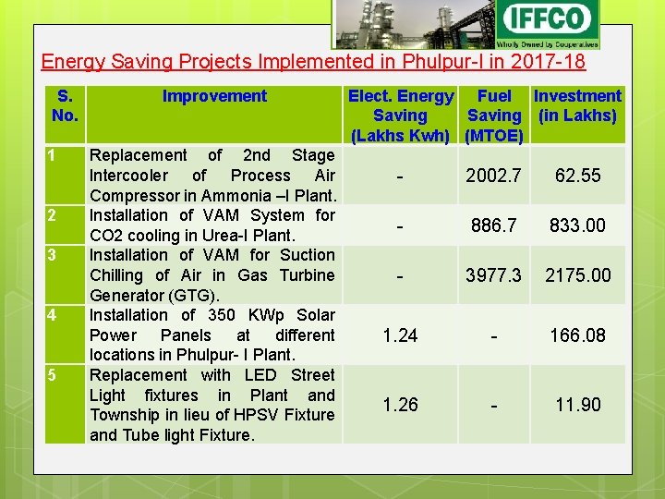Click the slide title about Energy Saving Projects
click(x=313, y=63)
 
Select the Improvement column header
click(x=214, y=96)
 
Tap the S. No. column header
click(x=65, y=105)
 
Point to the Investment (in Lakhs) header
click(x=577, y=105)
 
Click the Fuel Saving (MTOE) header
click(x=494, y=116)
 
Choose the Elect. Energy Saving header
click(x=400, y=116)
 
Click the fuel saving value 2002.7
click(x=494, y=176)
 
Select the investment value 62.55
click(x=578, y=176)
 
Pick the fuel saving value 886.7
click(x=494, y=225)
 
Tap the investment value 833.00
click(x=578, y=225)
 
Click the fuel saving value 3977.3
click(x=494, y=275)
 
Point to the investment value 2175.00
click(x=578, y=275)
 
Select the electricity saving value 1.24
click(x=400, y=335)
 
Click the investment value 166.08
click(x=578, y=335)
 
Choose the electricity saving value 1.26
click(x=400, y=405)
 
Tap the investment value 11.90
click(x=578, y=405)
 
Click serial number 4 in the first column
click(x=53, y=315)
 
